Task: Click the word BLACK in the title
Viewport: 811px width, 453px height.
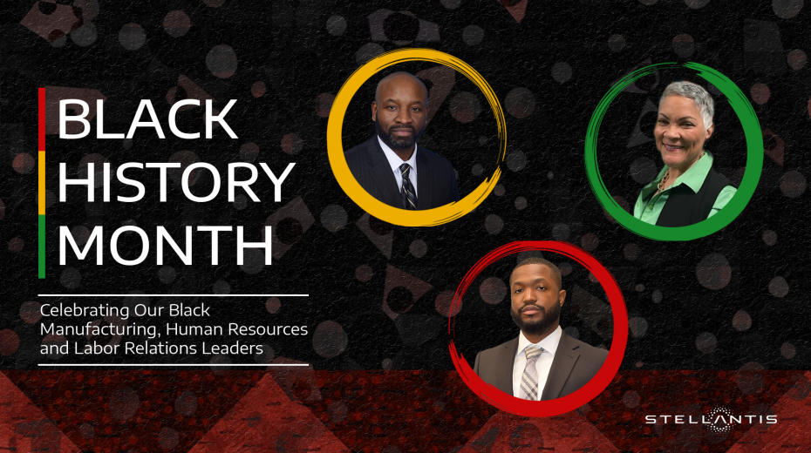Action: click(147, 118)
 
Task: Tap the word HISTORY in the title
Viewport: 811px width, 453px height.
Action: click(176, 182)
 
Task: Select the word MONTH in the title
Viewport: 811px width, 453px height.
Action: click(165, 245)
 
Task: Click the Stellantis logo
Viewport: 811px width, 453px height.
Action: click(711, 419)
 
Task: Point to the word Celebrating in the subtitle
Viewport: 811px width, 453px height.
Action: click(85, 311)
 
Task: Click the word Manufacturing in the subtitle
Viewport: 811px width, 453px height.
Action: click(99, 329)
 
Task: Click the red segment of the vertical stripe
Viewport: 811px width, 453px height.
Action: click(42, 119)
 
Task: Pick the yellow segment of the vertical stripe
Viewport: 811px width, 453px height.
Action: click(42, 183)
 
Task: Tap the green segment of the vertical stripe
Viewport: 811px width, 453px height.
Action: click(42, 247)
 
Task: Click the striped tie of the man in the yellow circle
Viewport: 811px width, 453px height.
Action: click(407, 186)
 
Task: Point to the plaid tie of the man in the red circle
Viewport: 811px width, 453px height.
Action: click(531, 373)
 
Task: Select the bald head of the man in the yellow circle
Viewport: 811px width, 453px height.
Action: click(401, 88)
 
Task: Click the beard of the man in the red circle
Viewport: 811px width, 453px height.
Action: click(537, 318)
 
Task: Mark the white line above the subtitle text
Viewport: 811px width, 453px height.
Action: click(174, 295)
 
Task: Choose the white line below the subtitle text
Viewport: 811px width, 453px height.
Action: click(174, 365)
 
